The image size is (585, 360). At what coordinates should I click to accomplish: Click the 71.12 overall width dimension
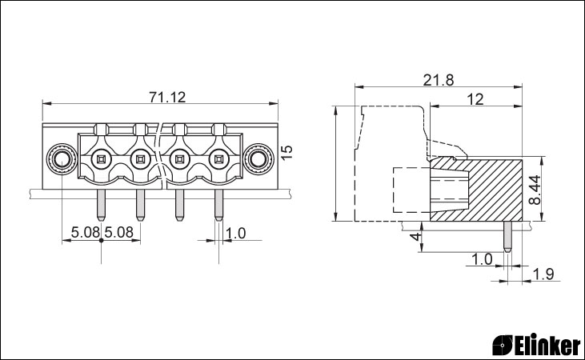167,98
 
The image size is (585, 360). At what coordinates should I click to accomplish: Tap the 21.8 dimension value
439,80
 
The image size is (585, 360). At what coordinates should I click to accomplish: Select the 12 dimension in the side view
475,99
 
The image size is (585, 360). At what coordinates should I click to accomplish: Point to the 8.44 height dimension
535,190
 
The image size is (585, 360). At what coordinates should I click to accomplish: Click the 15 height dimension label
286,153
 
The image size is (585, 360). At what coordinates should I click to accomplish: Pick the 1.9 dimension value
543,274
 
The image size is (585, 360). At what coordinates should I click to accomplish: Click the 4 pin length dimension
415,236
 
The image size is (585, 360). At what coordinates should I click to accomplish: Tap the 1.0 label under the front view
236,233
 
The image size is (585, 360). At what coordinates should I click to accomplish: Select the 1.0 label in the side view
482,259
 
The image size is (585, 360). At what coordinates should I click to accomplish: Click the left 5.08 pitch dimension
86,232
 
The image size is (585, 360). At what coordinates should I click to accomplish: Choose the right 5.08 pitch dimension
118,232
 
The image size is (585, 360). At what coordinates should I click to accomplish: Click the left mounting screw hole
61,160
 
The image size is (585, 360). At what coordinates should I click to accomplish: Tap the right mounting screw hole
258,160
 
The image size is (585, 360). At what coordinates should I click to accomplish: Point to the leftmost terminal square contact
101,160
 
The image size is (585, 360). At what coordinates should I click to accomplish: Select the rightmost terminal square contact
218,160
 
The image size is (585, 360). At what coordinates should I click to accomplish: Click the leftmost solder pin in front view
101,205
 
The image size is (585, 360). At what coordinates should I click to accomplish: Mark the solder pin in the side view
507,237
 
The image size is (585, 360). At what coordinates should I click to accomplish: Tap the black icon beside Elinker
503,345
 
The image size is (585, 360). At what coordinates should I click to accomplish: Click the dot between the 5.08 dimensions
101,240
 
